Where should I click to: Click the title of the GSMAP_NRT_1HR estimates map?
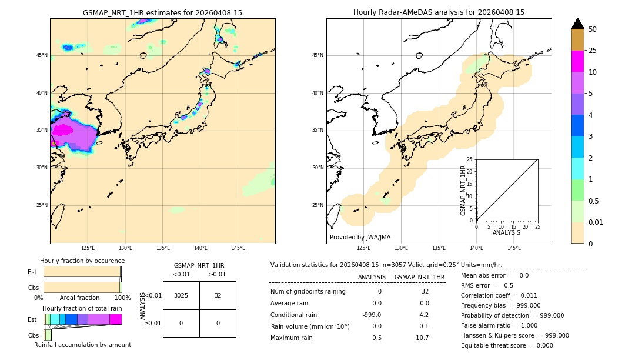pyautogui.click(x=162, y=12)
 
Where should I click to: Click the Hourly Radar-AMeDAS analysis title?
pyautogui.click(x=439, y=12)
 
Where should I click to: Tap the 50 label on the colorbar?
pyautogui.click(x=593, y=29)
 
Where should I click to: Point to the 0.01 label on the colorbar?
pyautogui.click(x=596, y=222)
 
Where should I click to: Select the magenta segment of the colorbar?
pyautogui.click(x=578, y=61)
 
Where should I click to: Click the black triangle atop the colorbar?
pyautogui.click(x=578, y=24)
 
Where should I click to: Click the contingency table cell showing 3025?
pyautogui.click(x=181, y=295)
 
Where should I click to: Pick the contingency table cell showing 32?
pyautogui.click(x=218, y=295)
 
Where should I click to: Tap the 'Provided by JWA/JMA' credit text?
pyautogui.click(x=360, y=237)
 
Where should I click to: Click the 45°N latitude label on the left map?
pyautogui.click(x=42, y=55)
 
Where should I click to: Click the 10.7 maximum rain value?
pyautogui.click(x=422, y=338)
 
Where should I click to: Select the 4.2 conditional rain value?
pyautogui.click(x=424, y=315)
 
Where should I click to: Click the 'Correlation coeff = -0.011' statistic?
pyautogui.click(x=499, y=295)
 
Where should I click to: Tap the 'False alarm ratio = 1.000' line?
pyautogui.click(x=499, y=325)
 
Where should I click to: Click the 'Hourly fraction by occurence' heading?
pyautogui.click(x=82, y=261)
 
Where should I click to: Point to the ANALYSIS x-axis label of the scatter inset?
pyautogui.click(x=506, y=232)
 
